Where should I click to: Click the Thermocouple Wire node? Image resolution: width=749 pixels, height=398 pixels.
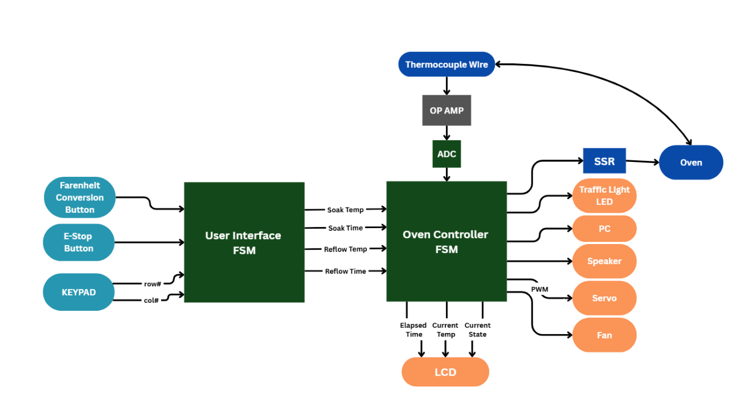point(447,64)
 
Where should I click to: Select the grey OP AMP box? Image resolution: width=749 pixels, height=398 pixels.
point(447,110)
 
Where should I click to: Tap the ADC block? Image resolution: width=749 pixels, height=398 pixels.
point(447,154)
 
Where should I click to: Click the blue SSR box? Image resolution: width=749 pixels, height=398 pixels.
point(604,161)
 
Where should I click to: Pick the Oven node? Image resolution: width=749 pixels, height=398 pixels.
point(691,163)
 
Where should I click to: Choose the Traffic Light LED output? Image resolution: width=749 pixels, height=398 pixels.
point(604,196)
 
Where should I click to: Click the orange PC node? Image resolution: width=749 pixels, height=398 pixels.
point(604,229)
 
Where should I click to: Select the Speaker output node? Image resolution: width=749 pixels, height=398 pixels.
point(604,261)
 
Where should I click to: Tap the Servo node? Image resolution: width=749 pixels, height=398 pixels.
point(604,298)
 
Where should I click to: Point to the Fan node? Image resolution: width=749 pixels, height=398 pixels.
point(604,335)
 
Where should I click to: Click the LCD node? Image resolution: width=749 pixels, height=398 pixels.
point(445,372)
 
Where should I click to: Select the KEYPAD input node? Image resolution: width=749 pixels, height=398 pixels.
point(79,292)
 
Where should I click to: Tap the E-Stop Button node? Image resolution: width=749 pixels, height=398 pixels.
point(79,242)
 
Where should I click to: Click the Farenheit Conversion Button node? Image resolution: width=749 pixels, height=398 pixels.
point(80,197)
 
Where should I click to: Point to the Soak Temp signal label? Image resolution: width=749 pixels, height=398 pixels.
point(345,210)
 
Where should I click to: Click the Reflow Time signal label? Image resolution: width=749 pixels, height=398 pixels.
point(345,271)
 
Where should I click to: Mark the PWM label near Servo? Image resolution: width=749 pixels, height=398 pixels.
point(539,289)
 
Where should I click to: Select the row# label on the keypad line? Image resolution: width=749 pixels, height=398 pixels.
point(152,283)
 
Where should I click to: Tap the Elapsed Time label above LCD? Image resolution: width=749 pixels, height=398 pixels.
point(414,330)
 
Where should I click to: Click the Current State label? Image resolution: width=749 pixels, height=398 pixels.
point(477,330)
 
